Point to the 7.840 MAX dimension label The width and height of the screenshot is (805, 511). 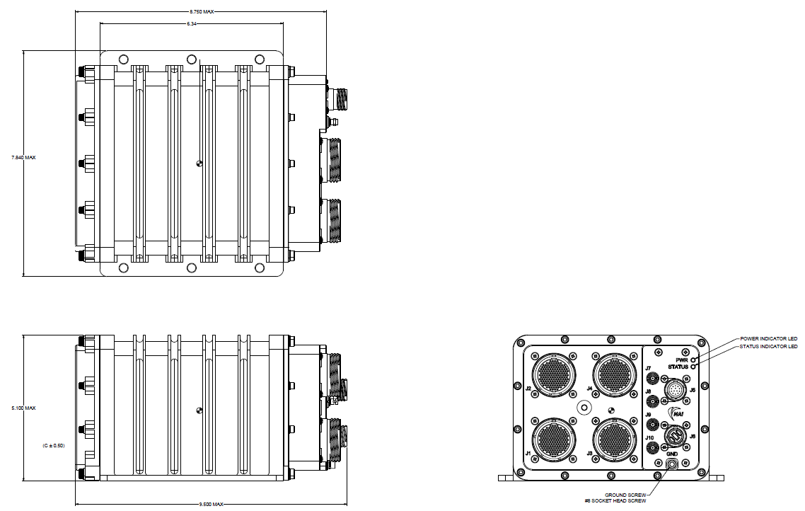(x=24, y=157)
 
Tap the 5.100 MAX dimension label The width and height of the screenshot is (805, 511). (x=24, y=408)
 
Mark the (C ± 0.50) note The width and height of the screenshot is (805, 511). (x=53, y=445)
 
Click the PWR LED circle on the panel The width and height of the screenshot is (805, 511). (x=694, y=360)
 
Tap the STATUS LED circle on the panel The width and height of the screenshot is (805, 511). (x=694, y=367)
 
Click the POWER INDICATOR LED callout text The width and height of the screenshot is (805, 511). (x=768, y=338)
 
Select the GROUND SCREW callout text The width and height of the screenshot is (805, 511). (x=625, y=495)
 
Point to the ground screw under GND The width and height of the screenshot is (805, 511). (x=672, y=464)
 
